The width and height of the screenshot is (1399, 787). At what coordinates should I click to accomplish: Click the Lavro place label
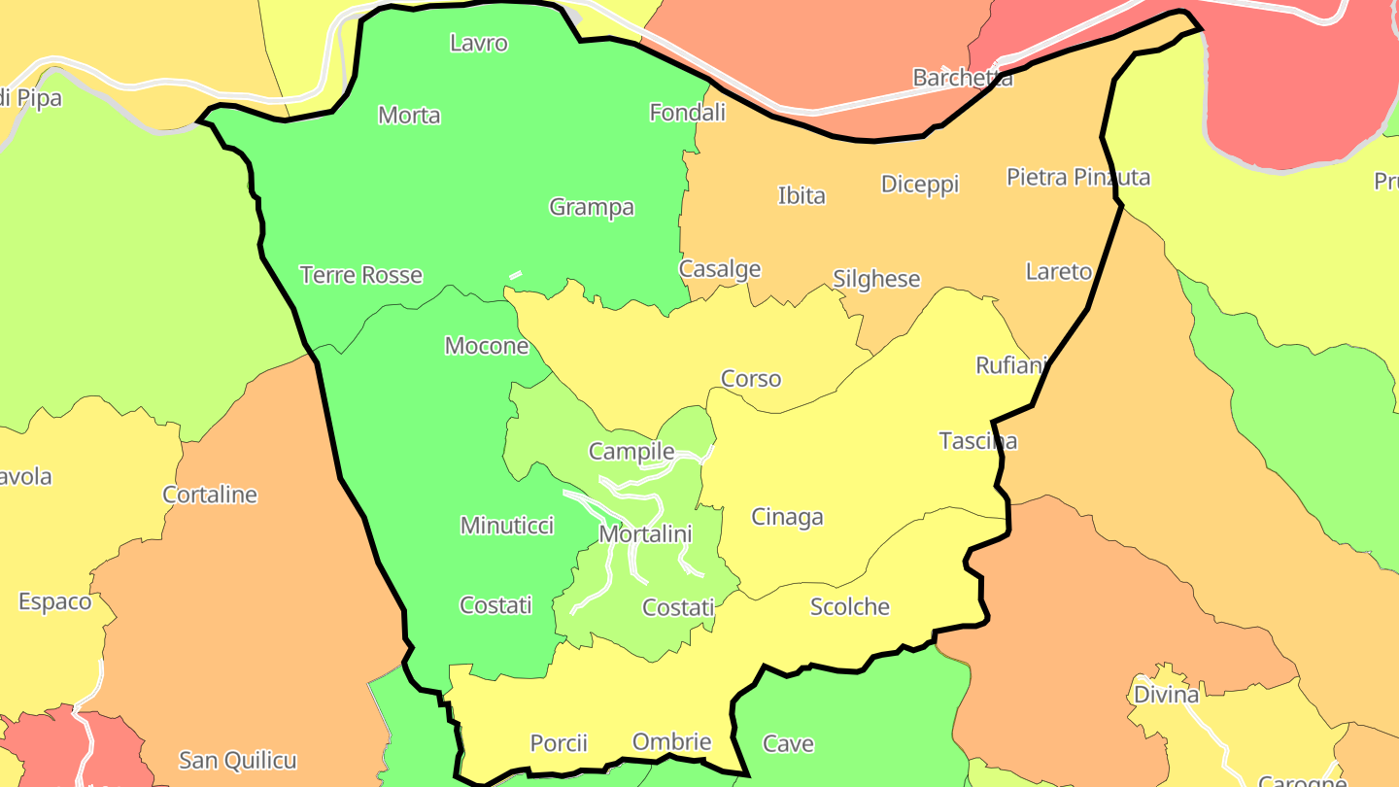479,44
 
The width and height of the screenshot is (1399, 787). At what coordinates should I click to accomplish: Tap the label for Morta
409,116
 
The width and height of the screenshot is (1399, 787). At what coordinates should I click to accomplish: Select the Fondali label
687,113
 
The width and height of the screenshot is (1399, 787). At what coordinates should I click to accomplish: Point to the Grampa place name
592,207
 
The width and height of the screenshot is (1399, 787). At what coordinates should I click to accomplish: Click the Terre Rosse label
361,275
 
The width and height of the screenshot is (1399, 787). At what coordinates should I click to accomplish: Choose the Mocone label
487,346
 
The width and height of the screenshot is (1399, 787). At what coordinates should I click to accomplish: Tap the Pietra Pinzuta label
1078,177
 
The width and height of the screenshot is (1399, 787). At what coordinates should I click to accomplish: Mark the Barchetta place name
963,78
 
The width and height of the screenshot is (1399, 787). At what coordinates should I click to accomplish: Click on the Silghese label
876,280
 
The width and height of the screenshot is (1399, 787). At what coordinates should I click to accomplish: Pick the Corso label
751,379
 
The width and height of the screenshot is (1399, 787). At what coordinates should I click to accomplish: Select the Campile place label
631,452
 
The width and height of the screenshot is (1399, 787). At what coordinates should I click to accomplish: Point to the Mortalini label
645,534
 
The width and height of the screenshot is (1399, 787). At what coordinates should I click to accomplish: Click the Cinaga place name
787,517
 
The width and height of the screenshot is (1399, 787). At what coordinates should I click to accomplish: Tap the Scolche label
850,607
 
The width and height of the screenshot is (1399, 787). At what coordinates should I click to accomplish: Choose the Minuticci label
507,526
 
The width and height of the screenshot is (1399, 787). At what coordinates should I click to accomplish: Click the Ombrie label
671,742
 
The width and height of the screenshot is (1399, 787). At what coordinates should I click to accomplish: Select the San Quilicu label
238,760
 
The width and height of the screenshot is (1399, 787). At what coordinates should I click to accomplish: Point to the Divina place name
1167,695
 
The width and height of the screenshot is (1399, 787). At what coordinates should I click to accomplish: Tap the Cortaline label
210,495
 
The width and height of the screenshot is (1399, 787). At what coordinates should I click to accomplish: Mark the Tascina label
978,441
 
